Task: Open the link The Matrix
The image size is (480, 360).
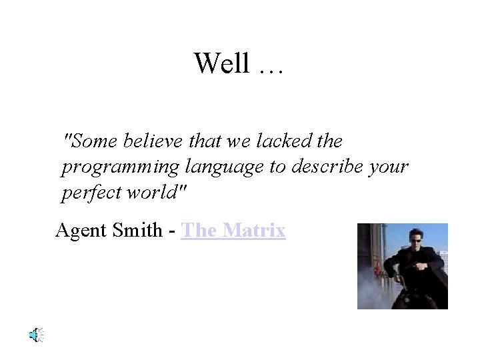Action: pos(233,230)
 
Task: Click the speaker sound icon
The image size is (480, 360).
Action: pos(36,335)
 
